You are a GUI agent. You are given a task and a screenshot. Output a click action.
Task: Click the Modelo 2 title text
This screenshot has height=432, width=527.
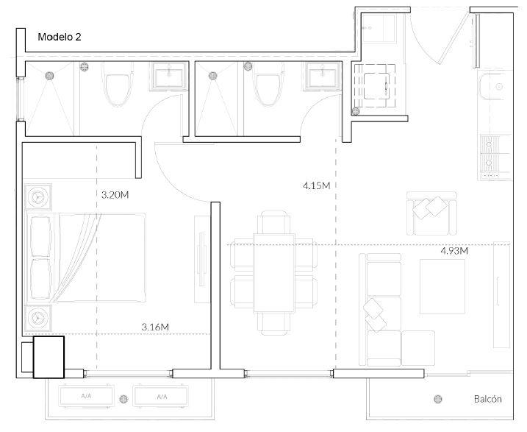tap(60, 37)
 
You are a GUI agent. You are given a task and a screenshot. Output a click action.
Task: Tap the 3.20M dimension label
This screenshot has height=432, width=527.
tap(115, 195)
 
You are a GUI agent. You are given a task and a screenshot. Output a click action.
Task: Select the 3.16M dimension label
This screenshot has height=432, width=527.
tap(155, 327)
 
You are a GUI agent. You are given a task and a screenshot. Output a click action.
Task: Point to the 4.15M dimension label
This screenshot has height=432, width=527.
tap(317, 185)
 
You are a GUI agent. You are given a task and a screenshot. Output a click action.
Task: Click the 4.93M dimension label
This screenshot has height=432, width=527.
tap(454, 251)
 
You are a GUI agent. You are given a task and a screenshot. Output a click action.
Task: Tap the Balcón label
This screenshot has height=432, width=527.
tap(487, 399)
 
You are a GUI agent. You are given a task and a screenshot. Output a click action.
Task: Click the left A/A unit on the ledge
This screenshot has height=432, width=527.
tap(86, 397)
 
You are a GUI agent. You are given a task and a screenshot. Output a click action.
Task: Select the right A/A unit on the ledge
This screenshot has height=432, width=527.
tap(161, 397)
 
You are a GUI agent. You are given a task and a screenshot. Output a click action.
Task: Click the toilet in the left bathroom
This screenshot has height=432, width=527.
tap(118, 85)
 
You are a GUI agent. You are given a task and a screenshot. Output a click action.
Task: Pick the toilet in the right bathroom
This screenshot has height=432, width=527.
tap(268, 84)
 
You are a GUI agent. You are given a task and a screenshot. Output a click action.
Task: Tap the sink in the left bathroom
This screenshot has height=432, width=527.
tap(168, 77)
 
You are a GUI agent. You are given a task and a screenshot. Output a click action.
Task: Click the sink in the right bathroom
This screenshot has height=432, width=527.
tap(323, 77)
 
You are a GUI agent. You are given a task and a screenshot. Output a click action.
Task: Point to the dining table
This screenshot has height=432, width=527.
tap(274, 273)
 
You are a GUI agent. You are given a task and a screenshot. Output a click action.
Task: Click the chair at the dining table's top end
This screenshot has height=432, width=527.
tap(274, 222)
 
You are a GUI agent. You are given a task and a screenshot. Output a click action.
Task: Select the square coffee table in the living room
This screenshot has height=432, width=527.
tap(442, 286)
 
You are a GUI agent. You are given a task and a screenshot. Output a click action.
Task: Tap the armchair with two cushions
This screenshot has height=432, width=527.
tap(431, 213)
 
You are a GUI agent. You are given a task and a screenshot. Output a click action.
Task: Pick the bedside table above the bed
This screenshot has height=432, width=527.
tap(38, 196)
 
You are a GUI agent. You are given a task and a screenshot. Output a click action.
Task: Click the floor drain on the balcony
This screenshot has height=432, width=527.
tap(437, 399)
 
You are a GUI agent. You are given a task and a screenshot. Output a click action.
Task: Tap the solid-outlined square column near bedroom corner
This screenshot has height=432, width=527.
tap(49, 357)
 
